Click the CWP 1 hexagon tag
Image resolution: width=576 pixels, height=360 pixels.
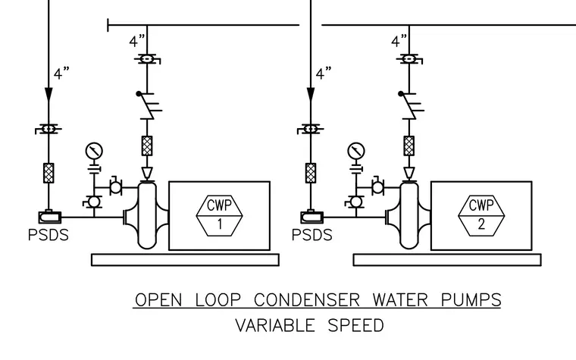point(219,216)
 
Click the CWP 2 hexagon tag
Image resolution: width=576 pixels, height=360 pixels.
point(481,216)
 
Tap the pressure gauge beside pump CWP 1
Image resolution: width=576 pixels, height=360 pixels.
point(94,151)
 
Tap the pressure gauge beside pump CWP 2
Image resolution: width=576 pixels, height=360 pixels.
point(356,151)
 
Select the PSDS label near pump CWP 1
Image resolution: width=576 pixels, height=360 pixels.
point(48,235)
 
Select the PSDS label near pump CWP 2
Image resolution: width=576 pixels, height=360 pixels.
point(312,235)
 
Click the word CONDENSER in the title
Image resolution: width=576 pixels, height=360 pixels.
point(307,300)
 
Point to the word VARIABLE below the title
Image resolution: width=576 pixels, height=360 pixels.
point(275,325)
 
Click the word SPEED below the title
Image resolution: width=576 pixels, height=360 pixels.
point(355,325)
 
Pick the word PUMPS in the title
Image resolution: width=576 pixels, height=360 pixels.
point(471,300)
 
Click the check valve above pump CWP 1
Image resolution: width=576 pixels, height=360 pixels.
point(149,106)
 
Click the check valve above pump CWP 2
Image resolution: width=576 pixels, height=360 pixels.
point(411,106)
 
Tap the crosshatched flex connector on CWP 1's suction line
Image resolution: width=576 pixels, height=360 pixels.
point(49,173)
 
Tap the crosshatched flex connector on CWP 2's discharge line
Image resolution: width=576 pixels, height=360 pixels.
point(409,146)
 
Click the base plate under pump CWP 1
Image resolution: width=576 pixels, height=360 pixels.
point(185,260)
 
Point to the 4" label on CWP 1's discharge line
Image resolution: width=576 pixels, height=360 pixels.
point(137,41)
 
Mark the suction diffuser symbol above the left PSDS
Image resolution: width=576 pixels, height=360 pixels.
point(50,217)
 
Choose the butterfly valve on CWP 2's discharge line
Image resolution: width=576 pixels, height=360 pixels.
point(409,59)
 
